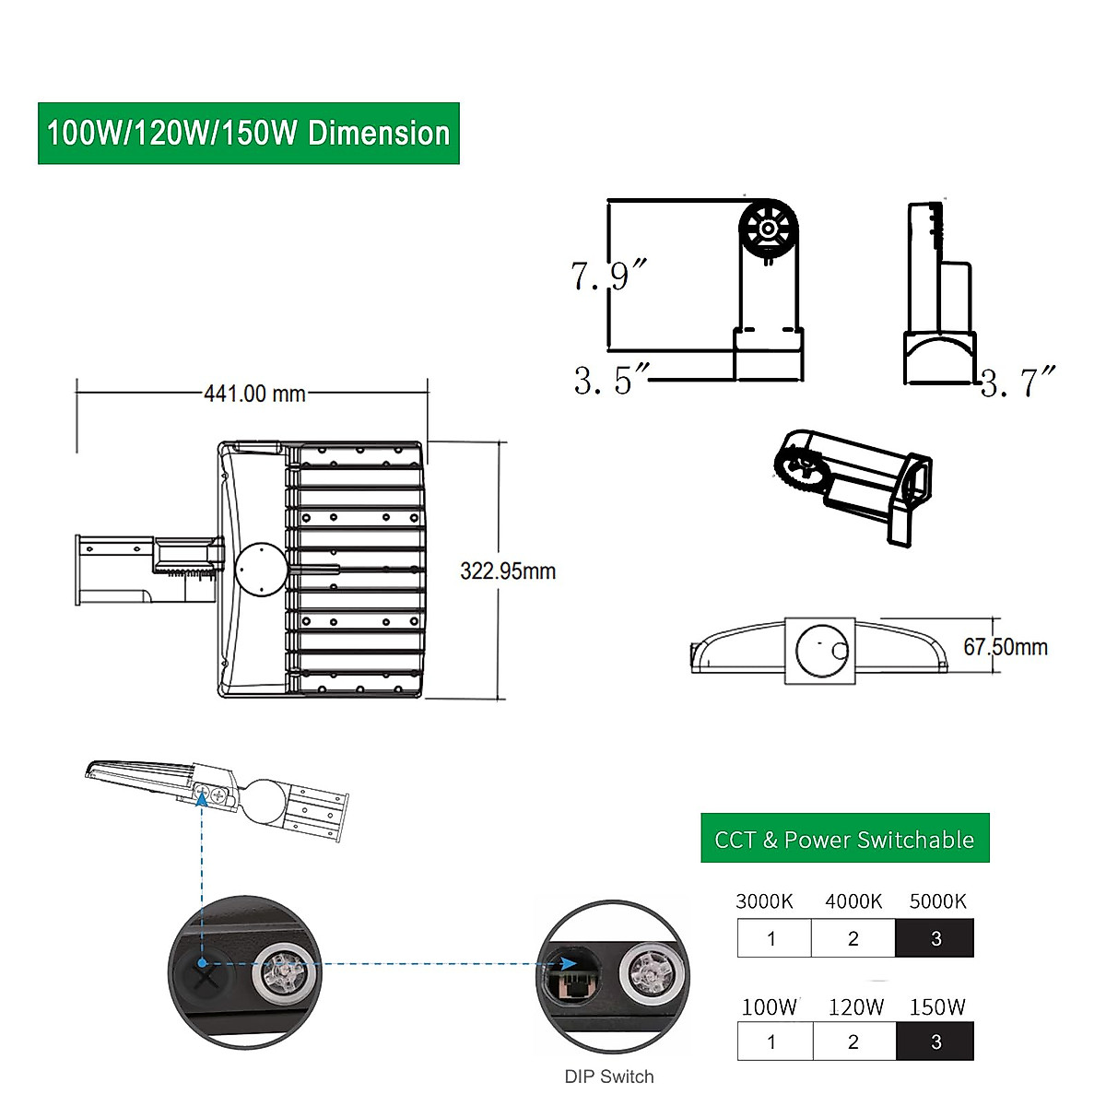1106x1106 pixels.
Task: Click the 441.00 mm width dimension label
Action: (254, 394)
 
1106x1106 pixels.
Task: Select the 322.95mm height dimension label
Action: (508, 571)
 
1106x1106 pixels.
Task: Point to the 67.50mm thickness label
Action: (1006, 647)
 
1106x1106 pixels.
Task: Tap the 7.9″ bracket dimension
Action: (608, 275)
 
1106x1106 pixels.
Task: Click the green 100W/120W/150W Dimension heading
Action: (249, 134)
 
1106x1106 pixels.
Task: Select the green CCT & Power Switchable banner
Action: (844, 839)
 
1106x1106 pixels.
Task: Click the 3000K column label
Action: (764, 901)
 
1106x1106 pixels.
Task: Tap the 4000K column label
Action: (853, 901)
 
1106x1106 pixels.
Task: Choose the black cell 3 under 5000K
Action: (935, 938)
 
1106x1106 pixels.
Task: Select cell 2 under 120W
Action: (853, 1041)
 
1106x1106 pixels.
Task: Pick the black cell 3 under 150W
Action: (935, 1041)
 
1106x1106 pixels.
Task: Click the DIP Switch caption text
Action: (609, 1077)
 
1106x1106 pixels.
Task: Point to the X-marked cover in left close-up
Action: (206, 973)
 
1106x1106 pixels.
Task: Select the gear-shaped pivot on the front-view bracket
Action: (767, 227)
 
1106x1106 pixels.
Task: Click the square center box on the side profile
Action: (819, 651)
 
